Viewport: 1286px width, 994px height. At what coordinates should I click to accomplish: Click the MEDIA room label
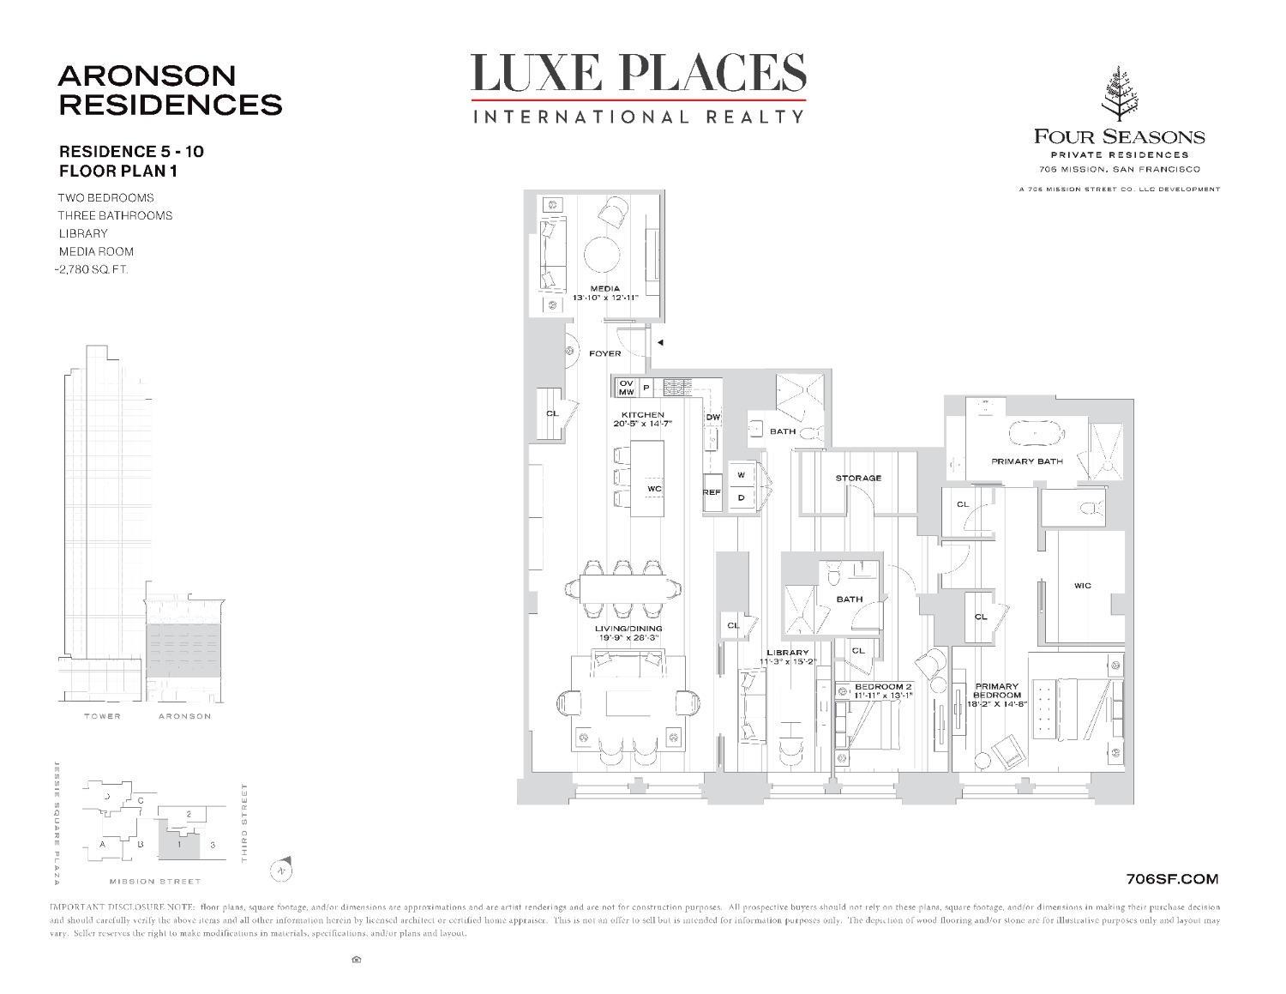[x=604, y=288]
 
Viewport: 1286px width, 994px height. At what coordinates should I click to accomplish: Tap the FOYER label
[x=604, y=353]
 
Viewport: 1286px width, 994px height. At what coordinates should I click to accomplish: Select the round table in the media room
[x=609, y=256]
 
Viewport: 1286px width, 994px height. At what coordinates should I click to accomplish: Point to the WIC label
[x=1082, y=586]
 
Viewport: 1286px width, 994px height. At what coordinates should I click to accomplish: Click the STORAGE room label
[x=858, y=478]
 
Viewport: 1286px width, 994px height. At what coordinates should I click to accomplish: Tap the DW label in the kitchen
[x=712, y=418]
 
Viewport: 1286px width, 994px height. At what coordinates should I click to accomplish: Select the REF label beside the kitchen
[x=712, y=492]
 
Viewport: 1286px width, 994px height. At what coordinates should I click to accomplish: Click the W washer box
[x=741, y=474]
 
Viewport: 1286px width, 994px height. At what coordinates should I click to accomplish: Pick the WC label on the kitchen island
[x=654, y=489]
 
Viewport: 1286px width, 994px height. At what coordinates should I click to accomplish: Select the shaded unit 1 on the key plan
[x=178, y=844]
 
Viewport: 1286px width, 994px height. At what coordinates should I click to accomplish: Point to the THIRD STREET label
[x=244, y=822]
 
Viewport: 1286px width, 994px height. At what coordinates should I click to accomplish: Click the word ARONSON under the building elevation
[x=184, y=716]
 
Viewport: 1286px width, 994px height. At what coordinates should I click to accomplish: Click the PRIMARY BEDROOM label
[x=997, y=690]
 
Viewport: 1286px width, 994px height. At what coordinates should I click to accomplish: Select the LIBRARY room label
[x=786, y=653]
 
